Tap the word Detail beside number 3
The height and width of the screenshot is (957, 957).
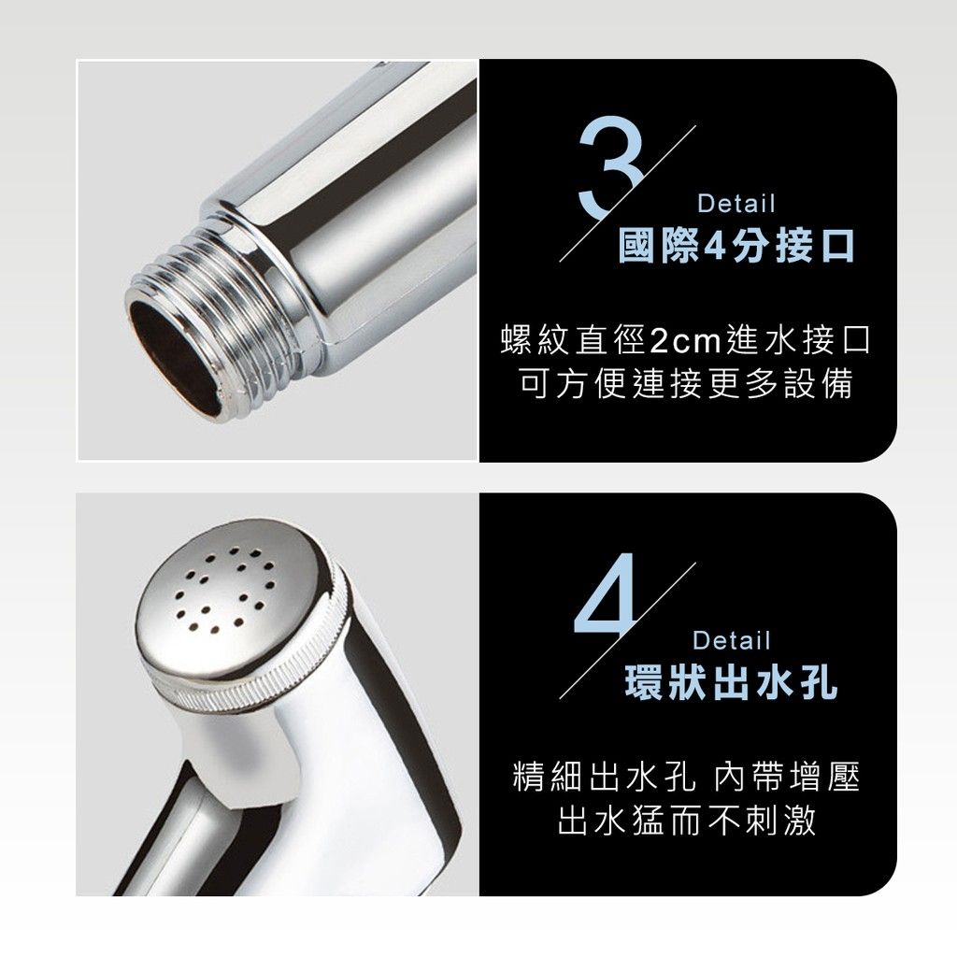click(x=736, y=203)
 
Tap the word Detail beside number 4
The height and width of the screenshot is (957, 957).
click(x=732, y=640)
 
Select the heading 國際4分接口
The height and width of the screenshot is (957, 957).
click(x=736, y=246)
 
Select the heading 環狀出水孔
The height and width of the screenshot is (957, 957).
click(x=731, y=681)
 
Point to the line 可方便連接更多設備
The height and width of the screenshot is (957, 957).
click(x=685, y=384)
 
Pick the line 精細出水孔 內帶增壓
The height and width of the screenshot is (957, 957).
click(x=686, y=778)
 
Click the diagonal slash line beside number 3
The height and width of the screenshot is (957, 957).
click(x=627, y=194)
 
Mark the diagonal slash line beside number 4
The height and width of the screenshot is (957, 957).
click(x=627, y=631)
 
